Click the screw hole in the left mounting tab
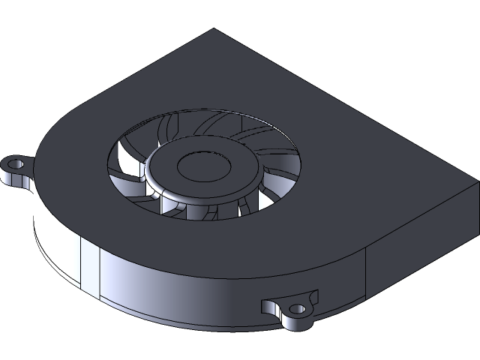point(15,161)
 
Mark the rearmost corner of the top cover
point(214,29)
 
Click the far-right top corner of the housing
point(478,181)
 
